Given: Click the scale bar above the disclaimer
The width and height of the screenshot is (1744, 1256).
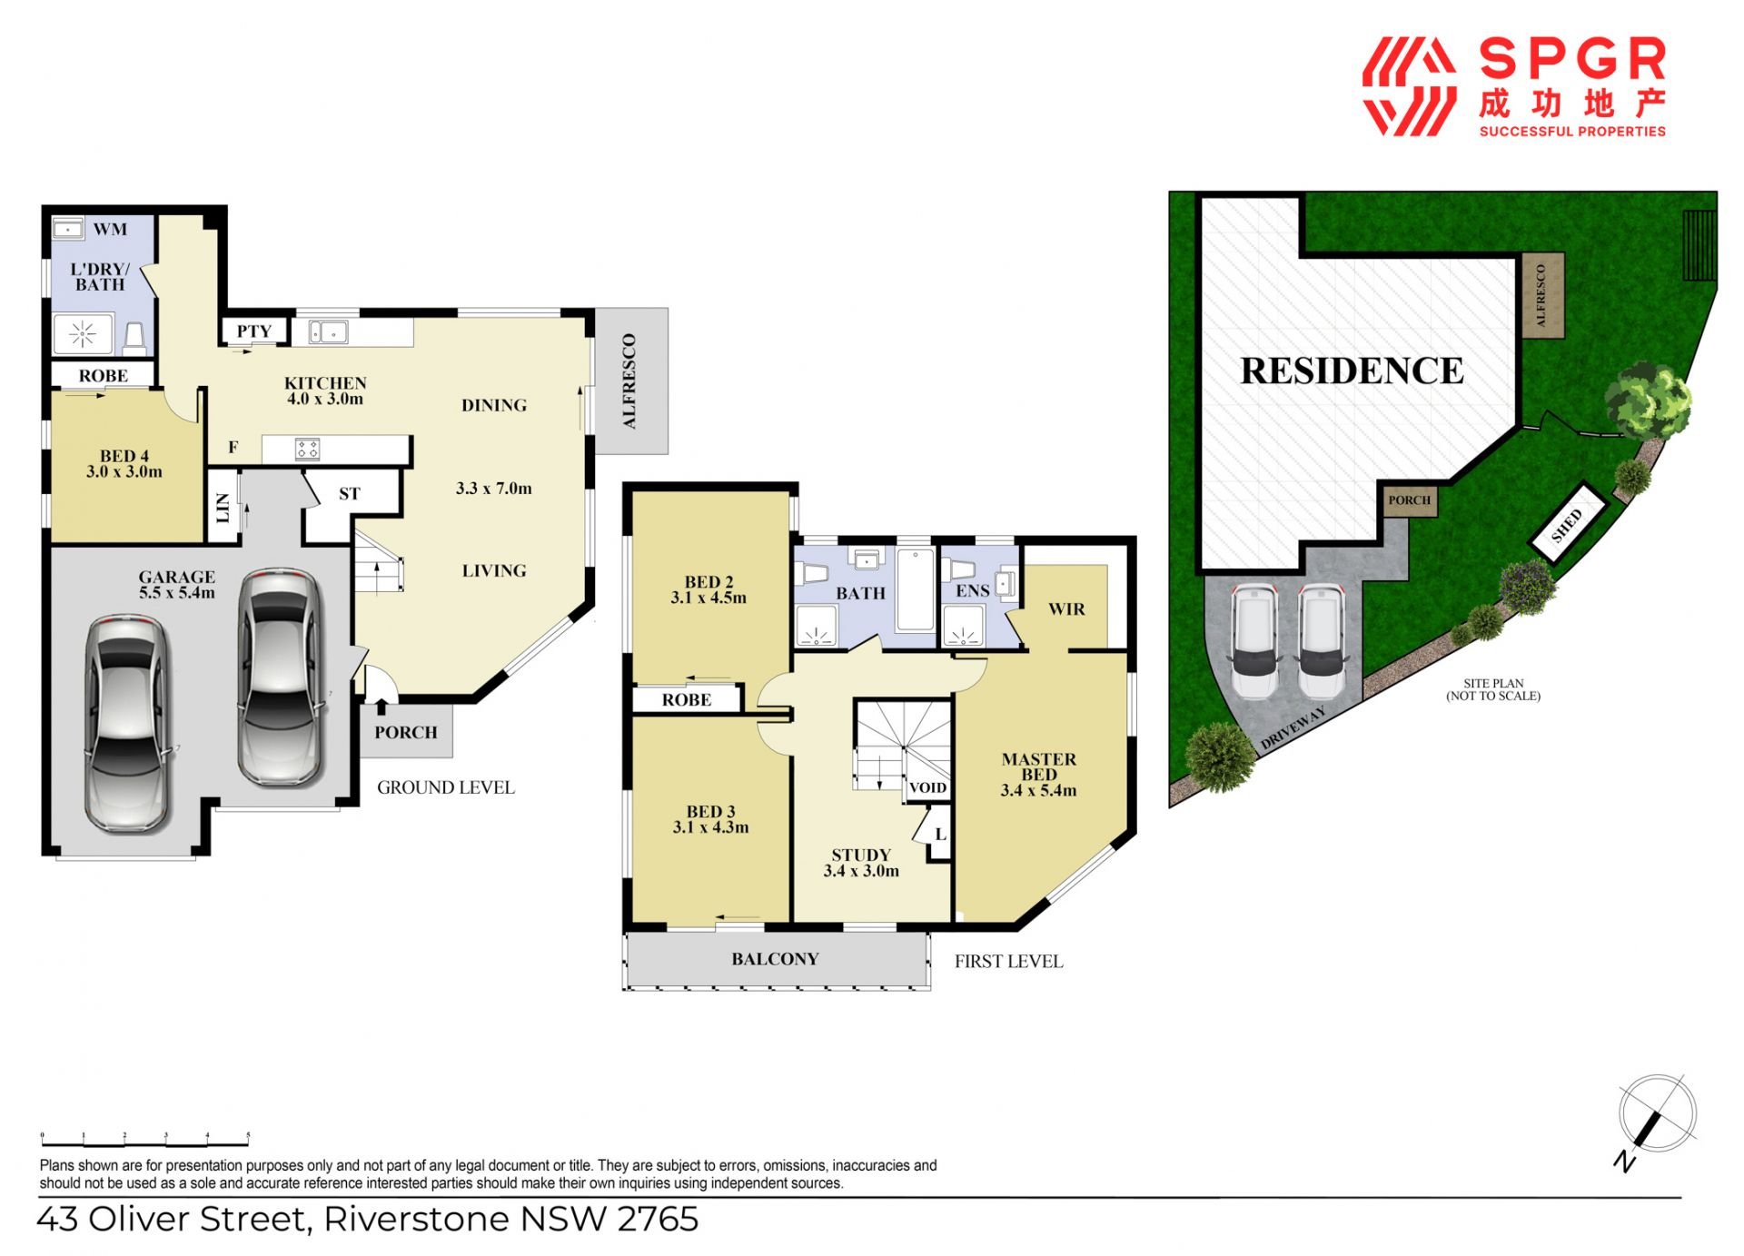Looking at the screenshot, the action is (x=145, y=1139).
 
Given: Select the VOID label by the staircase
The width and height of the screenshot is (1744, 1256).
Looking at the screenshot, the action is (x=927, y=787).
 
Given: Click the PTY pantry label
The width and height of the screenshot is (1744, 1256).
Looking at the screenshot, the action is (x=254, y=331).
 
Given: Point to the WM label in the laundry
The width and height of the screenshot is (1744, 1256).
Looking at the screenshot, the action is (x=110, y=229).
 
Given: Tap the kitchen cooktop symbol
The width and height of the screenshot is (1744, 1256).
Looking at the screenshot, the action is (x=308, y=449).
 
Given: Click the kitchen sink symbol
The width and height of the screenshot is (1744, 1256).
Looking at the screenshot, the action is (x=328, y=332).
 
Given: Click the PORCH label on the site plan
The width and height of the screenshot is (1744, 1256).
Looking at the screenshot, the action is (x=1409, y=500).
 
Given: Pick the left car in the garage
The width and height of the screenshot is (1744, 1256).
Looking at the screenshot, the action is (x=128, y=724).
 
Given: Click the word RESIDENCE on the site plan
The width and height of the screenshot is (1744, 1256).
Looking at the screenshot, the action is (x=1352, y=371).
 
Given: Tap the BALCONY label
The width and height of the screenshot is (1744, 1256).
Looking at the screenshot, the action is (x=775, y=959).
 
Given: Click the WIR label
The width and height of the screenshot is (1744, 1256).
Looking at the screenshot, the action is (x=1066, y=608).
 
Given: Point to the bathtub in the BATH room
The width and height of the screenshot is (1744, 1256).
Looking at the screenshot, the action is (x=915, y=589).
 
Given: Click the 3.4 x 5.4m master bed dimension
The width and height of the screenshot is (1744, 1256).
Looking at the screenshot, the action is (x=1038, y=790).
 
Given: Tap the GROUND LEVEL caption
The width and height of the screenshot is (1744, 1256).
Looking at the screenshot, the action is (x=446, y=787).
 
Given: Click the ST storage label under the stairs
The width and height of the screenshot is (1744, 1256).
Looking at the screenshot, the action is (x=350, y=494).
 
